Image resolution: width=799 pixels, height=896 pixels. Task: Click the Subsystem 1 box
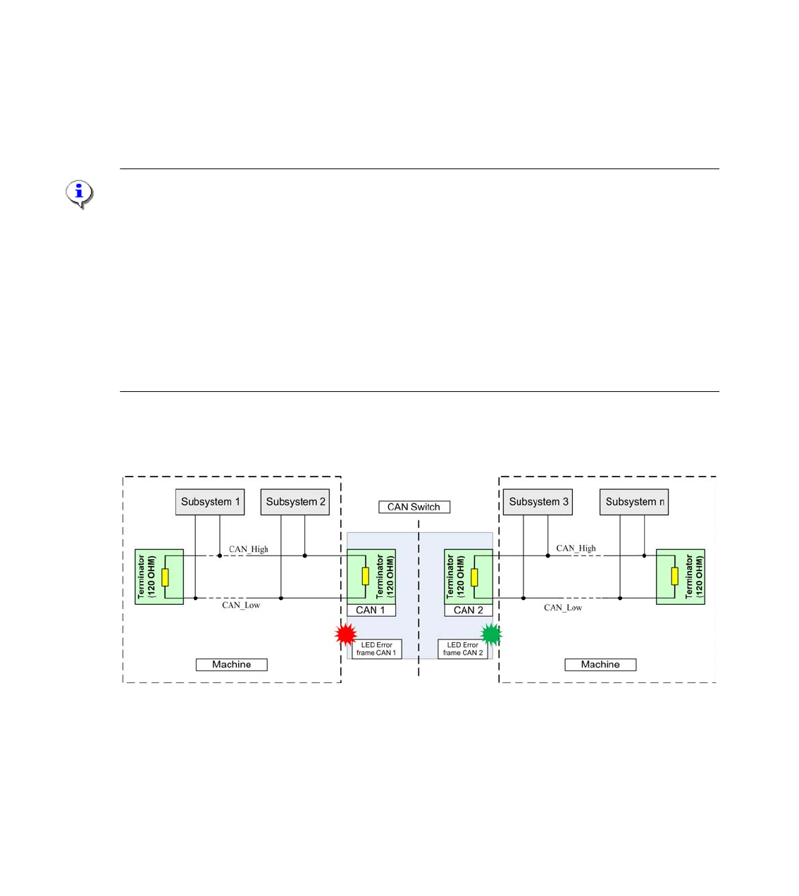(210, 502)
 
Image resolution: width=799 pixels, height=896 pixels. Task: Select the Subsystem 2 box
(295, 502)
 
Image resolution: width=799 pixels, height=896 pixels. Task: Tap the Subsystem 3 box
(538, 502)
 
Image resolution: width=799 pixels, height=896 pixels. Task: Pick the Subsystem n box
(634, 502)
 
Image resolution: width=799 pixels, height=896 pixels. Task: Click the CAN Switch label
(414, 507)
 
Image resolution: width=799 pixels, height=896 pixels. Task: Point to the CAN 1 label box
(371, 610)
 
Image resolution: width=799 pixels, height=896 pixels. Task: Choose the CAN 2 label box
(469, 610)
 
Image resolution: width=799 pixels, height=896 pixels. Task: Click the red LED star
(346, 634)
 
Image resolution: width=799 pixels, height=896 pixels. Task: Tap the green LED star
(491, 634)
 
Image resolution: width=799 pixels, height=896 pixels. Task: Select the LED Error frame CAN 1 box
(376, 649)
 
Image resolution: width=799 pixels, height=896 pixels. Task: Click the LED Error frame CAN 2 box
(463, 649)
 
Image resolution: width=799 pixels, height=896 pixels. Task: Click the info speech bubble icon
(80, 193)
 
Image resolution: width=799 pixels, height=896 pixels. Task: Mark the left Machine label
(231, 665)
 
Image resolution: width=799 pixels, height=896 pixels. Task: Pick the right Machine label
(600, 665)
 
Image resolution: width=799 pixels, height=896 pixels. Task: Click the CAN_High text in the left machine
(249, 549)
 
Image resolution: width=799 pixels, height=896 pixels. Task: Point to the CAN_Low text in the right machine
(563, 608)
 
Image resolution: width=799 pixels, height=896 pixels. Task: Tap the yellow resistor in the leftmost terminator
(165, 577)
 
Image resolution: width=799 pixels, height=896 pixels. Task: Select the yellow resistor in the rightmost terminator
(674, 577)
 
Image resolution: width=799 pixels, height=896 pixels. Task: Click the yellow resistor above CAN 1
(365, 577)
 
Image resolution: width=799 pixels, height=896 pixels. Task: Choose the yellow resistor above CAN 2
(474, 577)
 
